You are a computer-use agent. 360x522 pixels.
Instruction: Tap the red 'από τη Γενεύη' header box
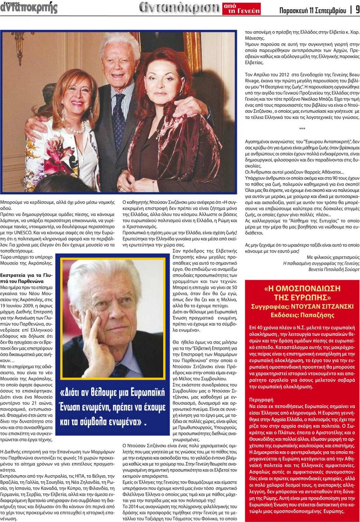tap(241, 9)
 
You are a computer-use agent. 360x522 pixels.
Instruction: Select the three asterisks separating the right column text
tap(302, 129)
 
